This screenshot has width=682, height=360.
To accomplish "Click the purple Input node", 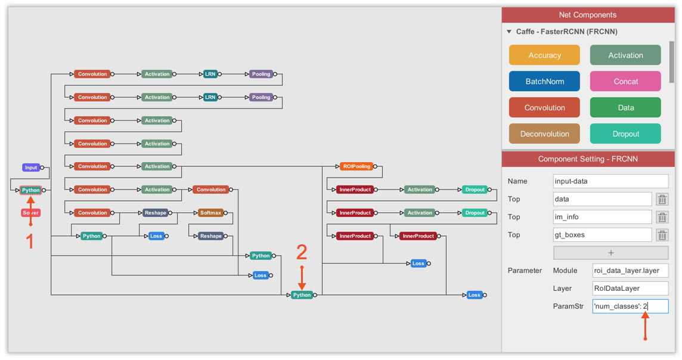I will tap(31, 167).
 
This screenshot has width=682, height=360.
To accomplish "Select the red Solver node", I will tap(31, 213).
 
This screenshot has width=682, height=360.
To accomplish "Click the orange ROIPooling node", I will tap(356, 166).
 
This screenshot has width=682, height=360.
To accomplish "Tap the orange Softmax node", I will tap(210, 213).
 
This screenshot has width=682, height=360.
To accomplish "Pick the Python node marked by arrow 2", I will tap(302, 295).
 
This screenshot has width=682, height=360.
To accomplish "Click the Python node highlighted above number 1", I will tap(31, 190).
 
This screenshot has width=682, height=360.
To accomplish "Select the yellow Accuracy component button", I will tap(544, 55).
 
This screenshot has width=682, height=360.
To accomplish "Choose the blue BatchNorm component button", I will tap(544, 82).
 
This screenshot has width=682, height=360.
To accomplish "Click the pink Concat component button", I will tap(625, 82).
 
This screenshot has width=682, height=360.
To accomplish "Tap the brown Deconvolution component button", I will tap(544, 134).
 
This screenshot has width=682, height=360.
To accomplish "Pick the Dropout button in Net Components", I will tap(625, 134).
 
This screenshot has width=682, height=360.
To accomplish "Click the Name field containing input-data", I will tap(610, 181).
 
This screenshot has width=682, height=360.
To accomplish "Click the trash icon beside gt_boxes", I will tap(662, 235).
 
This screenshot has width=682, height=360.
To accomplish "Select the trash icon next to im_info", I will tap(662, 217).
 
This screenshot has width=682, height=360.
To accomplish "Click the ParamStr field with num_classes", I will tap(630, 306).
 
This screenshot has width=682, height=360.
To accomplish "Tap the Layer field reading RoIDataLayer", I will tap(630, 288).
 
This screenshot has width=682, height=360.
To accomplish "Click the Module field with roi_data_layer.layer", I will tap(630, 271).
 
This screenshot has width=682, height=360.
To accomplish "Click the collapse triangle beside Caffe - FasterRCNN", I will tap(509, 32).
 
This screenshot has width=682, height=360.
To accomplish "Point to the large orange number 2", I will tap(302, 253).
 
